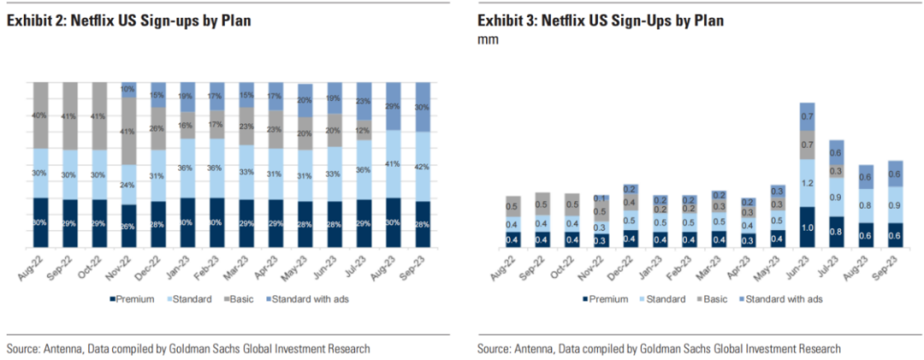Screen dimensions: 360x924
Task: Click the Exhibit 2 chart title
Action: [x=121, y=21]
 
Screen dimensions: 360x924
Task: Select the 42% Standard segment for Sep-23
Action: [x=423, y=166]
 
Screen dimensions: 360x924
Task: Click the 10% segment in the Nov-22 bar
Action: [x=129, y=89]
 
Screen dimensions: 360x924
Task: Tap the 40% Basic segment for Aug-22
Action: [x=40, y=115]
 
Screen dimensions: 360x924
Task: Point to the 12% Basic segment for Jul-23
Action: [x=364, y=129]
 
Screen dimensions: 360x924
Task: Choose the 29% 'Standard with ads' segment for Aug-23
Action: [x=394, y=105]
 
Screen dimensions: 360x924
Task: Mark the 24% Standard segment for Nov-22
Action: [x=129, y=184]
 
